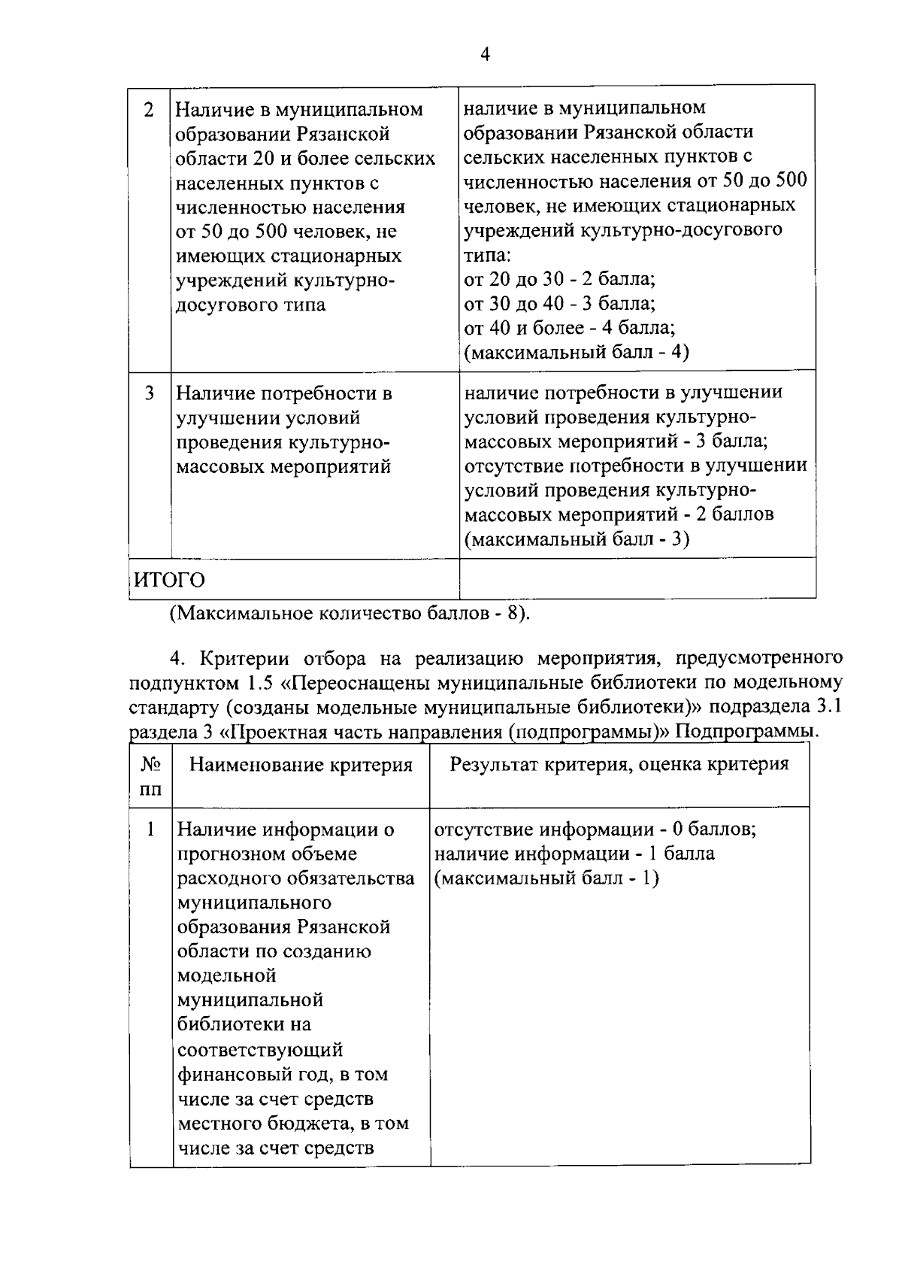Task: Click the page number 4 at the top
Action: tap(485, 54)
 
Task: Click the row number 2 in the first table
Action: tap(149, 110)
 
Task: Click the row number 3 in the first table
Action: tap(149, 393)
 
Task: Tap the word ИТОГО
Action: tap(170, 580)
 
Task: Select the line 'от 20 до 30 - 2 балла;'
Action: tap(560, 279)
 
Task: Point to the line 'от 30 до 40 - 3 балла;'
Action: tap(560, 303)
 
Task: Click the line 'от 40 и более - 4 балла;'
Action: tap(570, 328)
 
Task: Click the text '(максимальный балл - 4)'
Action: tap(576, 352)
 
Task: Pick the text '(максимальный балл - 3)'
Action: tap(577, 539)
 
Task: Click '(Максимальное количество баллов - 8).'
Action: tap(350, 613)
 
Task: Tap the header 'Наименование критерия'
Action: tap(301, 765)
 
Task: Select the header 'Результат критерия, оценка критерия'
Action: tap(619, 764)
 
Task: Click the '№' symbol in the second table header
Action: tap(150, 765)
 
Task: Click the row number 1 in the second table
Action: tap(151, 830)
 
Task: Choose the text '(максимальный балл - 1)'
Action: tap(546, 878)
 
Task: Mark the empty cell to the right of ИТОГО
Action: tap(637, 579)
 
